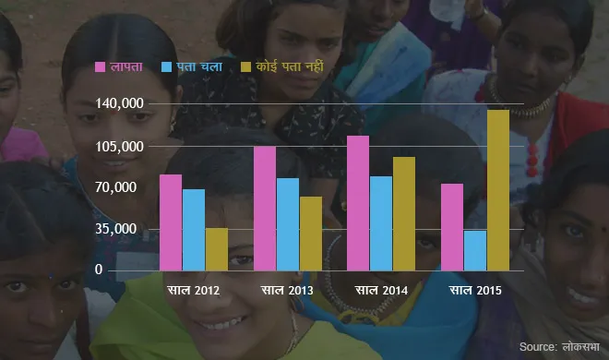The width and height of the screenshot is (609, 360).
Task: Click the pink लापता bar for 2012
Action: pos(171,222)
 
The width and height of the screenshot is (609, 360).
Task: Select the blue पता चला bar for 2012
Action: pos(194,230)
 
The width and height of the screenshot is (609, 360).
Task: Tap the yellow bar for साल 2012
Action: pos(217,249)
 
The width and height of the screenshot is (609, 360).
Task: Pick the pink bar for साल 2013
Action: pos(265,209)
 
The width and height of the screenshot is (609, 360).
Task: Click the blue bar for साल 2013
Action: pos(288,224)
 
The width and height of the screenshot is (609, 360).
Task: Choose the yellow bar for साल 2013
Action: pos(311,234)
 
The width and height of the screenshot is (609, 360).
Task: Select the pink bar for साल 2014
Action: pos(358,203)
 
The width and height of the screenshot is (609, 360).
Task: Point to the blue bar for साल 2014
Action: pos(381,223)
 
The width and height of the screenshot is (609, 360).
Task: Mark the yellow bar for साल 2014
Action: pos(404,213)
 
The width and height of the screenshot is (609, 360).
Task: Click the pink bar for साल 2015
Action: pos(452,227)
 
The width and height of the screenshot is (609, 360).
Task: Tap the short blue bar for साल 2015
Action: pos(475,250)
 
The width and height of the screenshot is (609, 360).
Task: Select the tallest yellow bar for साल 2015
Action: pos(498,190)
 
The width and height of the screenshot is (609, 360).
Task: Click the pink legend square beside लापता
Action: pos(101,66)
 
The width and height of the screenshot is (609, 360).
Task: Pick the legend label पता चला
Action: pos(199,66)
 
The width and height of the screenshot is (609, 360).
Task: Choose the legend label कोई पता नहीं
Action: pos(290,66)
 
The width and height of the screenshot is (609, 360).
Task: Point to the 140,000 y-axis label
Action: pos(119,103)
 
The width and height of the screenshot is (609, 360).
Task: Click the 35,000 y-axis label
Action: pos(116,229)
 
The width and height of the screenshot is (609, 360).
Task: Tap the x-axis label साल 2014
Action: pos(381,290)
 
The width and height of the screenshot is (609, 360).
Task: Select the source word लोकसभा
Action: pos(580,347)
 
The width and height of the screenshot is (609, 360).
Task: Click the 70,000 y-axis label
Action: pos(116,187)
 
